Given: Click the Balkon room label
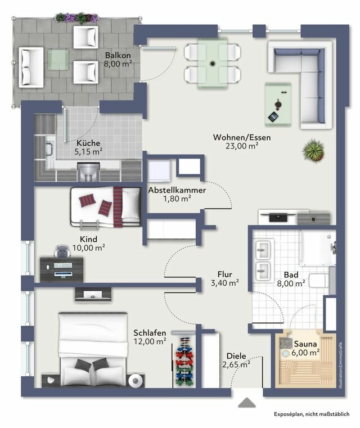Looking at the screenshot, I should click(118, 55).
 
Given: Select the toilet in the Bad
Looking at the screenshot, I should click(318, 282).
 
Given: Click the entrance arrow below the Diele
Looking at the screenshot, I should click(246, 403).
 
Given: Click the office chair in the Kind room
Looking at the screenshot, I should click(61, 252).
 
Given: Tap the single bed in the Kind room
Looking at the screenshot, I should click(105, 206).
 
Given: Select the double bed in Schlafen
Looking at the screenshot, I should click(93, 349).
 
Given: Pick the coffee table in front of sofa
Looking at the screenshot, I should click(278, 102).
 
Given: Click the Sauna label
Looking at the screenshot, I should click(304, 343).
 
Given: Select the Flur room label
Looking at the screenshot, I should click(225, 274).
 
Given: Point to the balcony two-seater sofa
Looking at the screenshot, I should click(31, 66).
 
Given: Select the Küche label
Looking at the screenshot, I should click(88, 143).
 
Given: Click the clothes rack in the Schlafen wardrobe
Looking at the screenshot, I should click(183, 361).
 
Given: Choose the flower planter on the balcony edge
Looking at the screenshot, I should click(77, 17).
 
